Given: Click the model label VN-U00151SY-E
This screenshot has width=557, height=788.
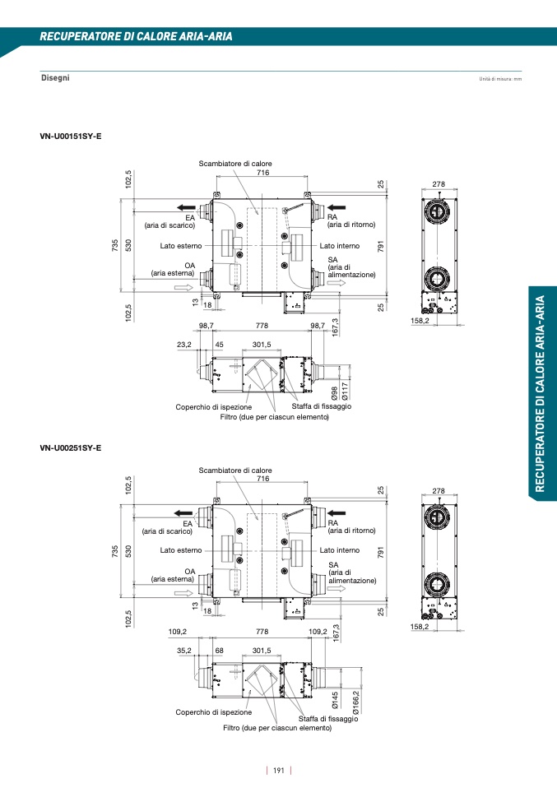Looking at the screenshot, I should pos(71,135).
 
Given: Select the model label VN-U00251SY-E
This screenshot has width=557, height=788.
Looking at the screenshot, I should pos(71,447).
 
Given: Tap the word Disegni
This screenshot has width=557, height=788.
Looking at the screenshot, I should pos(55,77).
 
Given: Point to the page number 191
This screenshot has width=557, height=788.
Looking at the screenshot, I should pos(278,771).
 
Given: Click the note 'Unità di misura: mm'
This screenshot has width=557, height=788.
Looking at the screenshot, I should pos(500,79).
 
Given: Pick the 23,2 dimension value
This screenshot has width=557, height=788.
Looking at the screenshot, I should pos(183,345).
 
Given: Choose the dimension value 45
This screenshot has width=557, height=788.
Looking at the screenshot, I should pos(219,345).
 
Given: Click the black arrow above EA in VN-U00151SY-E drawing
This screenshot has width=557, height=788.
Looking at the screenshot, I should pos(185,206).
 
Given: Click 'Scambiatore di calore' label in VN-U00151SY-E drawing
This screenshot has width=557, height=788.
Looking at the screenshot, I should pos(235,164).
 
